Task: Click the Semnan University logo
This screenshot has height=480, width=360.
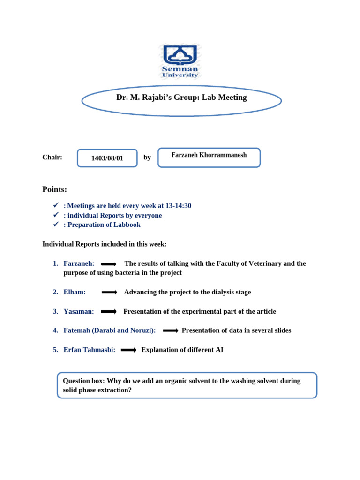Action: coord(180,61)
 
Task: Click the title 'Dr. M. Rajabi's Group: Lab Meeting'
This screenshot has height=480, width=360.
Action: coord(181,97)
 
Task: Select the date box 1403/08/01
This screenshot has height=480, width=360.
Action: coord(107,158)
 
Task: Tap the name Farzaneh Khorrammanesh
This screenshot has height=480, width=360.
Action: coord(209,155)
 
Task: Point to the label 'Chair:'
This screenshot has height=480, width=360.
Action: coord(52,157)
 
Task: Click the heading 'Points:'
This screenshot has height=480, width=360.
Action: coord(54,189)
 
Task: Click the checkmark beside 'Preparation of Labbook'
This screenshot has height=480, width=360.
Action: coord(55,225)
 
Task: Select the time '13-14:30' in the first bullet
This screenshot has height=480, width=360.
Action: coord(178,206)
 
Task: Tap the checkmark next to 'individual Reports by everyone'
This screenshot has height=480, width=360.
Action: coord(55,215)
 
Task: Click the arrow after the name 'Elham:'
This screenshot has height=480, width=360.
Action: coord(109,292)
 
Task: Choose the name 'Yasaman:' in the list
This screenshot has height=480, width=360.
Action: coord(79,311)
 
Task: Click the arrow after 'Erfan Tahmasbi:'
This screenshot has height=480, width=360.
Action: coord(128,350)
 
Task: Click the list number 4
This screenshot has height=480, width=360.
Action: coord(55,330)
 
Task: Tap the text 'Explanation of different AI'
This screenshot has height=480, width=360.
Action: coord(182,350)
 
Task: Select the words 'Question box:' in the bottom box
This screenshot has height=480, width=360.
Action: coord(83,381)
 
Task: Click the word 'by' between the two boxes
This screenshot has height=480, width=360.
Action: coord(147,157)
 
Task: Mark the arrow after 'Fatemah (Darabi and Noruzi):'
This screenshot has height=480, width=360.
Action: coord(170,331)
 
